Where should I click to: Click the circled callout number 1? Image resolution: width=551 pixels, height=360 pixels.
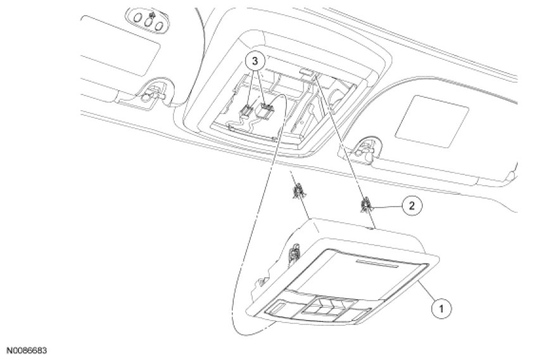pos(441,309)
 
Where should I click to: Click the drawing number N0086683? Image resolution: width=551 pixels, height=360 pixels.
pos(27,350)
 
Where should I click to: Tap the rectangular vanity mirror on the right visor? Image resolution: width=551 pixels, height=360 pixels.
pos(431,118)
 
